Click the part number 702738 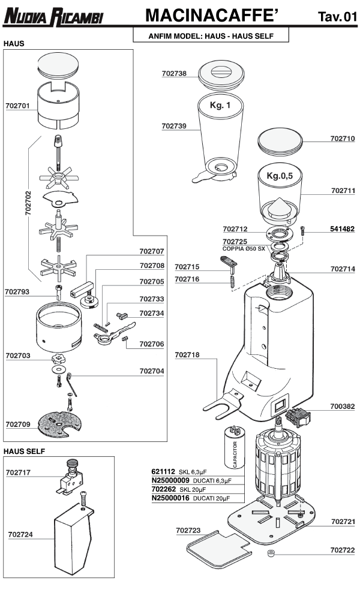174,74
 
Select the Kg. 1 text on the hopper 220,106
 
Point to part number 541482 343,229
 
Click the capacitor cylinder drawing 233,447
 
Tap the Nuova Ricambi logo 53,17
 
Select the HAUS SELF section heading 25,450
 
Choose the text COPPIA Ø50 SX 244,249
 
